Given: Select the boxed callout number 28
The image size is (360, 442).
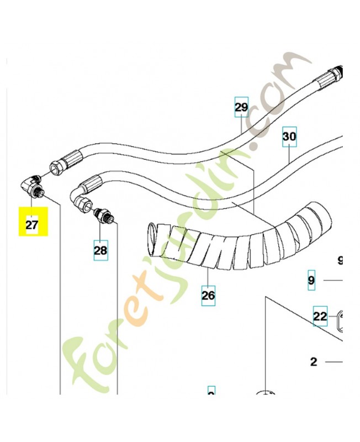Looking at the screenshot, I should click(100, 250).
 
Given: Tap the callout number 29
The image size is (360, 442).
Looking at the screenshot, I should click(241, 107).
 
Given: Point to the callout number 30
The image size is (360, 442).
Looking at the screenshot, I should click(289, 135).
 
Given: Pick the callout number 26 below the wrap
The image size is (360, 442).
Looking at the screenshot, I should click(208, 295).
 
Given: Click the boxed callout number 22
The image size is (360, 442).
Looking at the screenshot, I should click(320, 317).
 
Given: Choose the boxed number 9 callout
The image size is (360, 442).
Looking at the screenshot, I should click(311, 281).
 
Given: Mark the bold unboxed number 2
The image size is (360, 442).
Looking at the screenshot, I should click(314, 362).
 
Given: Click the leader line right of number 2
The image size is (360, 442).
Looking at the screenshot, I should click(334, 362).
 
